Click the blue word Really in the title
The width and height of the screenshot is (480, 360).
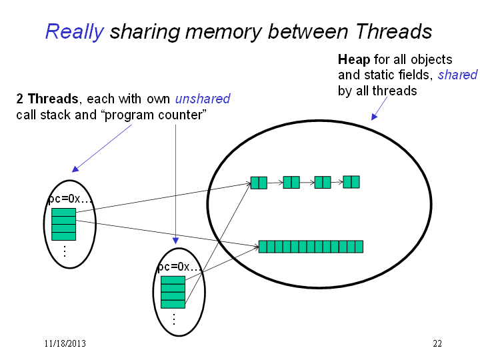[x=75, y=32]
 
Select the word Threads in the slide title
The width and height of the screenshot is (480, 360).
[x=394, y=31]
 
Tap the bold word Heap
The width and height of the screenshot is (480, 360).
[x=354, y=60]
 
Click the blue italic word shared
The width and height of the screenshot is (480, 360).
[x=457, y=75]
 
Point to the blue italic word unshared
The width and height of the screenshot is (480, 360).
[x=203, y=99]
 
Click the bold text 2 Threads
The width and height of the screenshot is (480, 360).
[x=47, y=99]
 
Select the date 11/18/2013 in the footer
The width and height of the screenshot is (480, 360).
[x=65, y=343]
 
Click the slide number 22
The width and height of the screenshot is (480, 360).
[x=437, y=343]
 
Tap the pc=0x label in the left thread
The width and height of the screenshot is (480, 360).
[x=70, y=199]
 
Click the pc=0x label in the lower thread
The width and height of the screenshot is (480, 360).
[x=180, y=267]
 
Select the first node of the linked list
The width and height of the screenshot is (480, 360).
[x=259, y=183]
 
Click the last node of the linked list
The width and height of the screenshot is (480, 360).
[x=351, y=182]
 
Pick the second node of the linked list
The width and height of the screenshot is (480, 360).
[x=291, y=183]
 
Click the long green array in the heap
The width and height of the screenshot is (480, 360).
[x=311, y=247]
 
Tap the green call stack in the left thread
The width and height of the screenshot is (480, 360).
[x=64, y=225]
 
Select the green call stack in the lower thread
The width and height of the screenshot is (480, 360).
[x=173, y=293]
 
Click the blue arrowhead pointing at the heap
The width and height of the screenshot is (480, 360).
[x=374, y=117]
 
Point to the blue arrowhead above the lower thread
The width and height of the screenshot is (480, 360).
[x=175, y=241]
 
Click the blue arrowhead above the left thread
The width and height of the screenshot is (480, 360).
[x=75, y=169]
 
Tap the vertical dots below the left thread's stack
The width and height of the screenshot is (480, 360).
[x=64, y=251]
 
